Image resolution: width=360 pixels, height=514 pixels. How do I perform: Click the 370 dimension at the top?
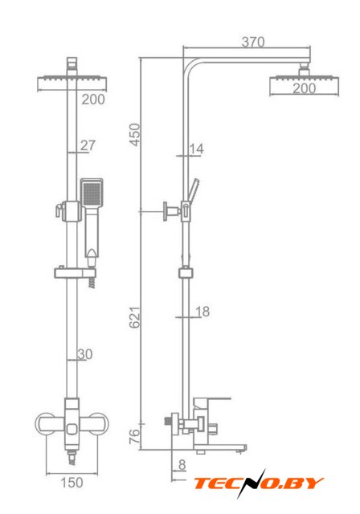pyautogui.click(x=253, y=42)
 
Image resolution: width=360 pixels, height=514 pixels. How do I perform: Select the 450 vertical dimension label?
pyautogui.click(x=135, y=134)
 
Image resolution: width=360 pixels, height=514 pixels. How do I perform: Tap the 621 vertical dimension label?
pyautogui.click(x=135, y=317)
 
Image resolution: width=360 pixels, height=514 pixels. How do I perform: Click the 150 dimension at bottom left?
pyautogui.click(x=72, y=482)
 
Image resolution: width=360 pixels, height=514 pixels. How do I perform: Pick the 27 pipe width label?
pyautogui.click(x=88, y=145)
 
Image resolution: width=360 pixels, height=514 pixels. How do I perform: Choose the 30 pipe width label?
pyautogui.click(x=85, y=354)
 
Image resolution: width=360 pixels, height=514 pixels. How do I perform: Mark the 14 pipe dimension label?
pyautogui.click(x=196, y=149)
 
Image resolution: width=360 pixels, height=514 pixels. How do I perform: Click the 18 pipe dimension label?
pyautogui.click(x=202, y=311)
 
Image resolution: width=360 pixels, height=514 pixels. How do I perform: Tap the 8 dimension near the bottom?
pyautogui.click(x=182, y=464)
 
